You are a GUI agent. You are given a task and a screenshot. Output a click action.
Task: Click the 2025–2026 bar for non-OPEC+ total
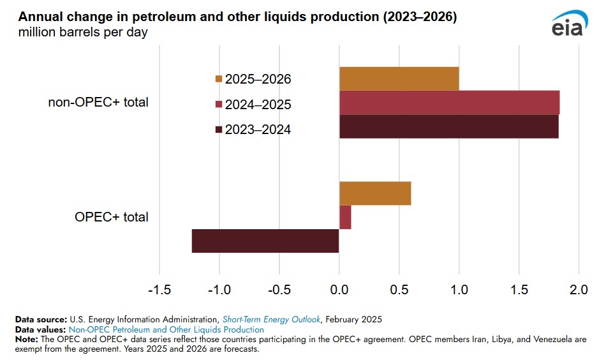(x=399, y=79)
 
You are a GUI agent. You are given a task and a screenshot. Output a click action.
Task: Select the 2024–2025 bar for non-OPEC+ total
(x=449, y=103)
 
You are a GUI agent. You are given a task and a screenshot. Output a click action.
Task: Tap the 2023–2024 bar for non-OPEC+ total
(x=448, y=126)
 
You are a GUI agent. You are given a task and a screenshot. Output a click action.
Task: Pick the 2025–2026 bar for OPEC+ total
(x=375, y=193)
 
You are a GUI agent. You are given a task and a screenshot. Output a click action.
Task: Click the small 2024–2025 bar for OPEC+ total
(x=345, y=217)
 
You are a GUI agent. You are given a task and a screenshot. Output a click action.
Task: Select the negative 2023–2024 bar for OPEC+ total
(x=265, y=241)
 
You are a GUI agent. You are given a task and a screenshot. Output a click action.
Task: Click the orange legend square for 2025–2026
(x=219, y=80)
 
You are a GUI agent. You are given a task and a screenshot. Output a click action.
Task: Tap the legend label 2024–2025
(x=258, y=105)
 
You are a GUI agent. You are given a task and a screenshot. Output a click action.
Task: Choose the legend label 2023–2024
(x=258, y=130)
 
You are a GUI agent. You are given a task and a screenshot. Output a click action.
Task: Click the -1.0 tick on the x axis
(x=219, y=290)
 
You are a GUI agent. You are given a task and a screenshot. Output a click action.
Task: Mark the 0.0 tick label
(x=339, y=290)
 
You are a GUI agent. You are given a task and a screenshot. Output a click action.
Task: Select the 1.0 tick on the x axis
(x=459, y=290)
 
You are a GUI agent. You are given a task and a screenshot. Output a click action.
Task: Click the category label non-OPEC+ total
(x=98, y=102)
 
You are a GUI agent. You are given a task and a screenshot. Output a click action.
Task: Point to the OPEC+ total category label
(x=112, y=217)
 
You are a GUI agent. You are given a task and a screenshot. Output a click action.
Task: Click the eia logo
(x=567, y=26)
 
